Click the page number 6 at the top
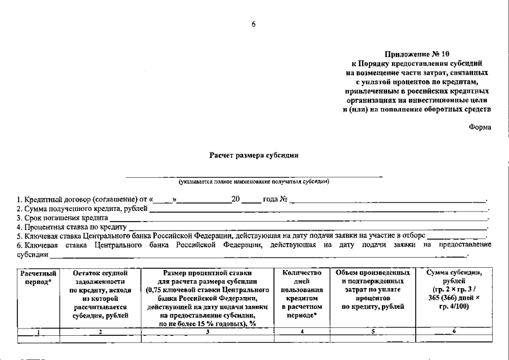coord(254,24)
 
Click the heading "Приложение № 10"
coord(417,55)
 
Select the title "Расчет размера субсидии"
coord(254,154)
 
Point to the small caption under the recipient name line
coord(254,182)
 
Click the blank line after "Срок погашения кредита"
coord(299,218)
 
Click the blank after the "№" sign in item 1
coord(388,200)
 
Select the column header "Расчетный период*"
coord(38,277)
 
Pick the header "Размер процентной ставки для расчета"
coord(208,298)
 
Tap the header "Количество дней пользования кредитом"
coord(302,294)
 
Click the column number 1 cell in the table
coord(38,331)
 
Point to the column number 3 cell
coord(208,331)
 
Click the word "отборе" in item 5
coord(413,236)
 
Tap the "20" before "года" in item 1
coord(236,200)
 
